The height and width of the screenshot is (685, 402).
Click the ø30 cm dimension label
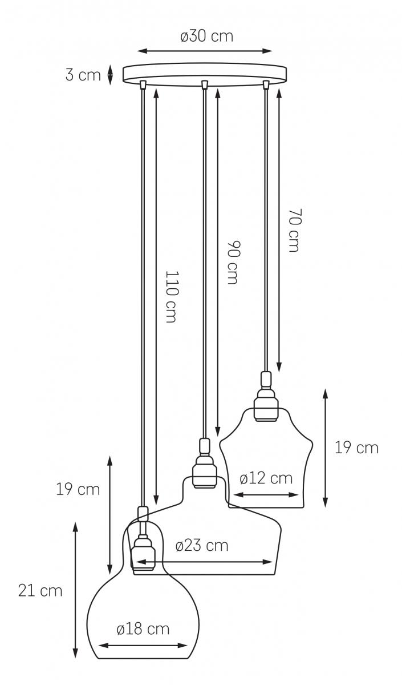click(207, 36)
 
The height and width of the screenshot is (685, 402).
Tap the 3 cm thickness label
click(83, 75)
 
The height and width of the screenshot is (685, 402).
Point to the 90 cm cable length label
click(234, 263)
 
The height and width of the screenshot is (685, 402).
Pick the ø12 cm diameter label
click(266, 478)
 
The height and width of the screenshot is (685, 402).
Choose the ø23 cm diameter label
click(202, 546)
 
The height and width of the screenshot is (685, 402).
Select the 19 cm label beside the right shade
click(356, 448)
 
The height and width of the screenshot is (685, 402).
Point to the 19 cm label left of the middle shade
click(78, 490)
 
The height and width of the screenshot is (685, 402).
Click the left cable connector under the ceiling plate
click(143, 84)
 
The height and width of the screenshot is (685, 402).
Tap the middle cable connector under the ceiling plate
click(204, 84)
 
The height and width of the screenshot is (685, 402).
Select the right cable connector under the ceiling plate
click(266, 84)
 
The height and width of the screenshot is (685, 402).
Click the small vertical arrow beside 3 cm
click(110, 74)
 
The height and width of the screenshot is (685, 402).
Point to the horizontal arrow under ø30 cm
click(204, 51)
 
